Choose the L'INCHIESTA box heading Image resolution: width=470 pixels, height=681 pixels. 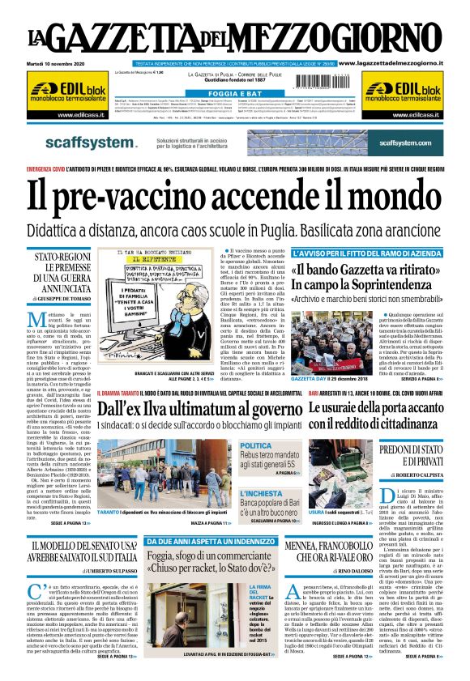[x=261, y=493]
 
